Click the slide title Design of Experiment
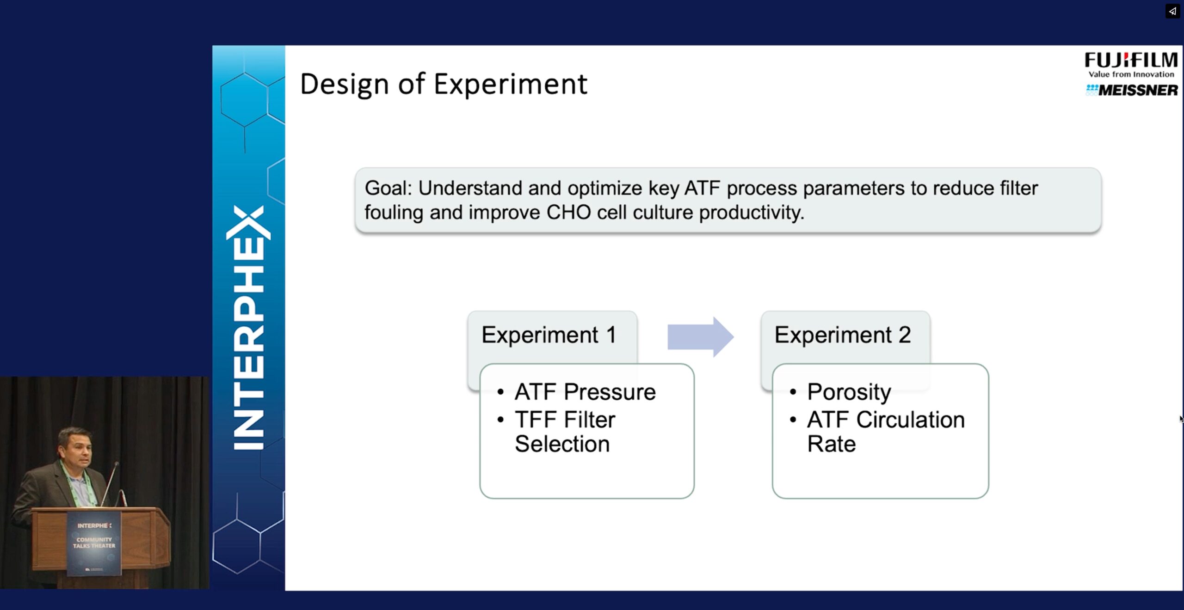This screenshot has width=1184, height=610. pyautogui.click(x=444, y=85)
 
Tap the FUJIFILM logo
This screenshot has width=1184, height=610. pyautogui.click(x=1131, y=60)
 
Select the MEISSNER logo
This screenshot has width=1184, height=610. pyautogui.click(x=1132, y=90)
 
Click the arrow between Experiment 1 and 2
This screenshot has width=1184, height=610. pyautogui.click(x=700, y=337)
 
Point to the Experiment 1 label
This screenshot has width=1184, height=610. pyautogui.click(x=549, y=335)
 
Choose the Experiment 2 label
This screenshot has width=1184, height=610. pyautogui.click(x=843, y=335)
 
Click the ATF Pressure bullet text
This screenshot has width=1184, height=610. pyautogui.click(x=585, y=392)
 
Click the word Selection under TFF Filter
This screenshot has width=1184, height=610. pyautogui.click(x=562, y=444)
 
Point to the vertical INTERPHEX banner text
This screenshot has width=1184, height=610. pyautogui.click(x=249, y=328)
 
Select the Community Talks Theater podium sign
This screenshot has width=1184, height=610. pyautogui.click(x=94, y=543)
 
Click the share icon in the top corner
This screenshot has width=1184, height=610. pyautogui.click(x=1172, y=11)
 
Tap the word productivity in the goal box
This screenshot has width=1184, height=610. pyautogui.click(x=752, y=213)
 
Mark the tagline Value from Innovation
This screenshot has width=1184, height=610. pyautogui.click(x=1131, y=74)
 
